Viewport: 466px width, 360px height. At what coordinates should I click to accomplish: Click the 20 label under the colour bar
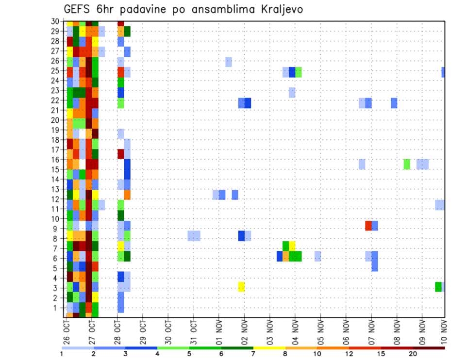(413, 354)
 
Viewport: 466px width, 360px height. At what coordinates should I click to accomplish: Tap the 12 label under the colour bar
(349, 354)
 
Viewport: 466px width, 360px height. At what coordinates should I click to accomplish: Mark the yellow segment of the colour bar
(269, 348)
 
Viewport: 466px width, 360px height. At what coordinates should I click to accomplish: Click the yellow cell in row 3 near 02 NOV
(241, 287)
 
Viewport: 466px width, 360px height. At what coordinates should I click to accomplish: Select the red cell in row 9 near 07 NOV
(368, 226)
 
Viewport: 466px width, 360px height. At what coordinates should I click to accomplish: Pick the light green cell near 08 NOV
(407, 164)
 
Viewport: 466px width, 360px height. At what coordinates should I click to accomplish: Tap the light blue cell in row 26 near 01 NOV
(229, 62)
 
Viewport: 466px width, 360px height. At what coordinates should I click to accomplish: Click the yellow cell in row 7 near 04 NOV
(292, 245)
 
